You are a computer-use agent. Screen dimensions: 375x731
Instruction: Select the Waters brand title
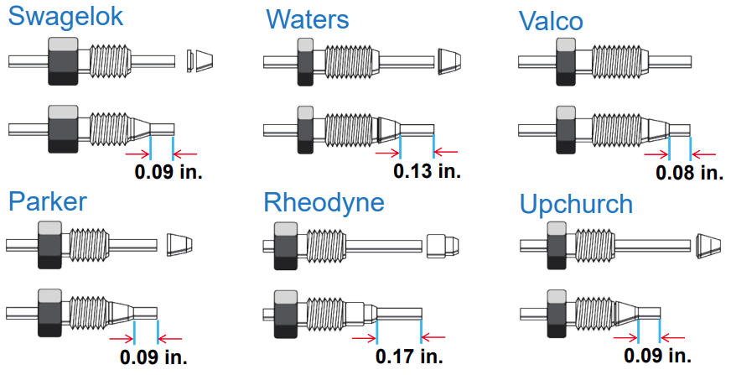pos(308,19)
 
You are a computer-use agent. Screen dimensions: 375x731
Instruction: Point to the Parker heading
pos(48,202)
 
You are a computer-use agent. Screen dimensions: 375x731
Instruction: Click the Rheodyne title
pos(324,202)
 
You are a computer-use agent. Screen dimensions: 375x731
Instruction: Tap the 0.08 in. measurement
pos(689,173)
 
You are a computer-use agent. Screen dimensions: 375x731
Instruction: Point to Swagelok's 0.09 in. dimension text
pos(168,173)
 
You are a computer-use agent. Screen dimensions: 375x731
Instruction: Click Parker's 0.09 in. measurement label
pos(153,357)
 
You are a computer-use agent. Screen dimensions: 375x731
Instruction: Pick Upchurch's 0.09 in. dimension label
pos(658,356)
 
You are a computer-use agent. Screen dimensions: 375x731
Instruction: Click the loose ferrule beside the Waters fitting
pos(449,60)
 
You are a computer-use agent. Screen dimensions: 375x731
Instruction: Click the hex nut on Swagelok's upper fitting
pos(64,61)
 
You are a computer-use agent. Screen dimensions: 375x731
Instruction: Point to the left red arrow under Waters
pos(387,153)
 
